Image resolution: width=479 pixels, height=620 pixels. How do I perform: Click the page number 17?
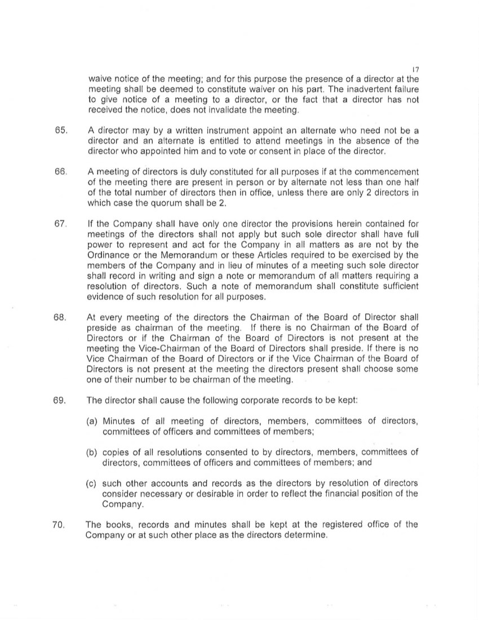coord(415,69)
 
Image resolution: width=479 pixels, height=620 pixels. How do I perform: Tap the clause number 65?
coord(61,131)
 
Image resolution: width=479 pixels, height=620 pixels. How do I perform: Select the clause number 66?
coord(61,171)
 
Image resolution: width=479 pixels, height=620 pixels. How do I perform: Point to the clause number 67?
coord(61,224)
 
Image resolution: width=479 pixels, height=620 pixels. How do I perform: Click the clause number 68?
coord(61,318)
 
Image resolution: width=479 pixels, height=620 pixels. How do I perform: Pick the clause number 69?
coord(61,401)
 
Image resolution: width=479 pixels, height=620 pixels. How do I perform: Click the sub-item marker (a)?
coord(92,421)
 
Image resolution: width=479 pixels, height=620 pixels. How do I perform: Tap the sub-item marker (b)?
coord(92,452)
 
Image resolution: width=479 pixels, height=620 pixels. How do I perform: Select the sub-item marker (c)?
coord(92,484)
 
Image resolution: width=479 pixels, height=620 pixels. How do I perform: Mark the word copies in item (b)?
coord(116,452)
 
